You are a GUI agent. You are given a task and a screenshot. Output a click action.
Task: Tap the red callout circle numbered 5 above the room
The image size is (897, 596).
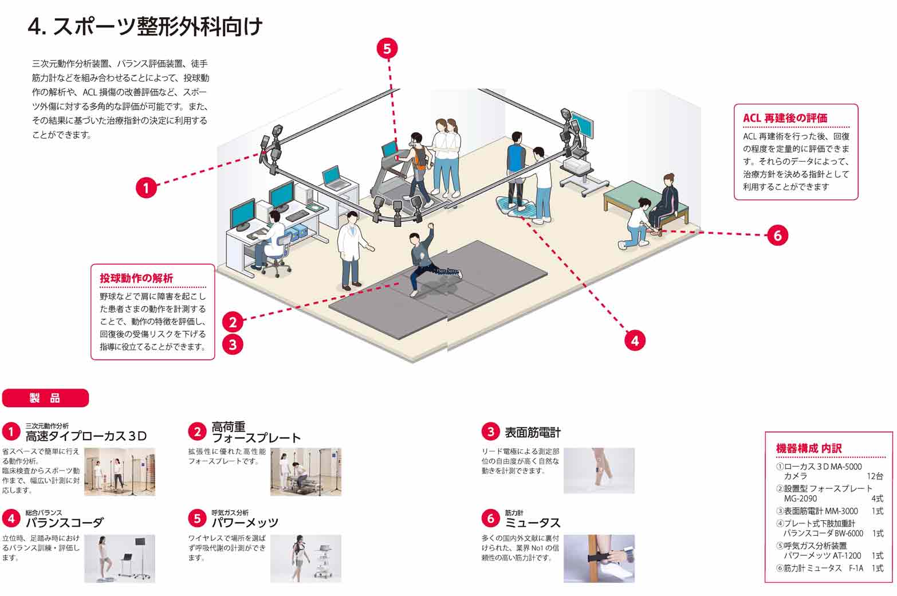[x=387, y=49]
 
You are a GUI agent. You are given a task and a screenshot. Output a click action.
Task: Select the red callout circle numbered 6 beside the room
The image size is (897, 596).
[x=777, y=235]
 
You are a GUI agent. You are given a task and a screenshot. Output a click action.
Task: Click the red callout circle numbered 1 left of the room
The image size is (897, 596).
[x=146, y=187]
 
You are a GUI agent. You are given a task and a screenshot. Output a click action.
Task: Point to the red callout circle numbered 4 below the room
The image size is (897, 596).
[x=634, y=340]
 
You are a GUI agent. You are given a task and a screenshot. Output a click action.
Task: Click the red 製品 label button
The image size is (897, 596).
[x=46, y=398]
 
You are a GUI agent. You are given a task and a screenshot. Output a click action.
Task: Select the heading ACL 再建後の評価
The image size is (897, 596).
[x=785, y=118]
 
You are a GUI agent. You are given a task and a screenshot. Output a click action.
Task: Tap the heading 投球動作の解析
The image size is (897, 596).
[x=136, y=279]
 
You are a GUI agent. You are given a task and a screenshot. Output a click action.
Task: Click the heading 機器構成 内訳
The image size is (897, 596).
[x=808, y=448]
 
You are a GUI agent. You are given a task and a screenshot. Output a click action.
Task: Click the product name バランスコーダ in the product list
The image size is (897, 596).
[x=65, y=523]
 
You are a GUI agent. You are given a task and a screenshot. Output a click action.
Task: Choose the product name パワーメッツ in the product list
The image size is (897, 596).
[x=245, y=523]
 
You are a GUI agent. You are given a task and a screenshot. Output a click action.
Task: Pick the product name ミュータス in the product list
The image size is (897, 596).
[x=532, y=523]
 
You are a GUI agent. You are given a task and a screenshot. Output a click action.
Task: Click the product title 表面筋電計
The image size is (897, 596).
[x=532, y=433]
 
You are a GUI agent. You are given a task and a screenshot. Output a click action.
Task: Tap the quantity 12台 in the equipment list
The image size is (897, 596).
[x=874, y=476]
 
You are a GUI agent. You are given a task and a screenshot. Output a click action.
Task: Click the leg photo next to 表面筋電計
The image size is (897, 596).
[x=599, y=470]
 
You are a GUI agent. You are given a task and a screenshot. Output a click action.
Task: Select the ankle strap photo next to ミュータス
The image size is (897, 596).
[x=599, y=558]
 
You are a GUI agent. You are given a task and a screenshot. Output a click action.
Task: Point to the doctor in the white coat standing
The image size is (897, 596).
[x=351, y=249]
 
